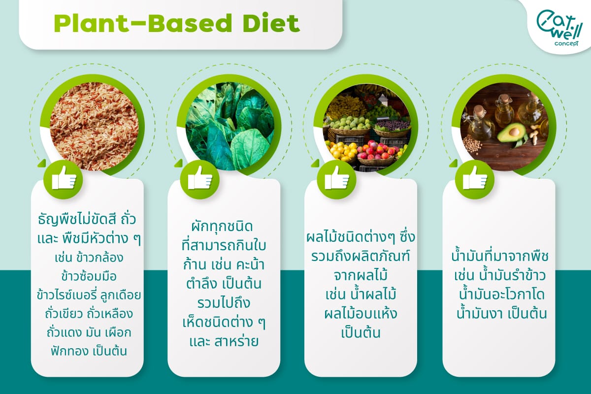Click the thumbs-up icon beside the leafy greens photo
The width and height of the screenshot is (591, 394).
[199, 179]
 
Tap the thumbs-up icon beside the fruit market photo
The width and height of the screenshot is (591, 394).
[337, 179]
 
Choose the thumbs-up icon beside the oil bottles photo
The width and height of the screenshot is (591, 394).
[474, 179]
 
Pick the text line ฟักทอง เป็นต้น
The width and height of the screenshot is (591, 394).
[89, 351]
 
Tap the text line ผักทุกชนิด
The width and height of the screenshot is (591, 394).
[224, 227]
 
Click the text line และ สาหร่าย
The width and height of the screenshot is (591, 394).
[224, 341]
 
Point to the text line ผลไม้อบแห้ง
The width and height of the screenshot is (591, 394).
[361, 314]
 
